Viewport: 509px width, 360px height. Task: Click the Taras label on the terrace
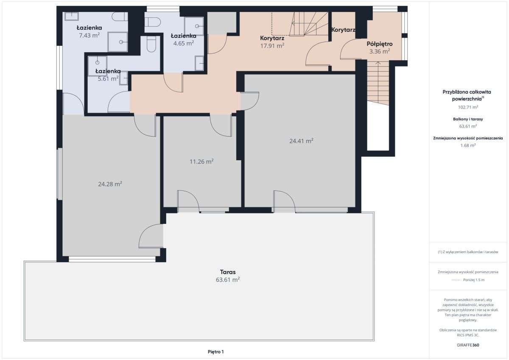228,272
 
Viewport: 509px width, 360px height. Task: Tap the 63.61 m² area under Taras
228,279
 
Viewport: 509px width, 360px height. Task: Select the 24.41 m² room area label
301,141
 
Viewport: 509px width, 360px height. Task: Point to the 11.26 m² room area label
201,162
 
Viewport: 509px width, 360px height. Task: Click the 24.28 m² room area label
110,184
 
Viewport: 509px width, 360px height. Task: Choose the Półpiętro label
380,44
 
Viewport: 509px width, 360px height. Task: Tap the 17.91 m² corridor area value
272,46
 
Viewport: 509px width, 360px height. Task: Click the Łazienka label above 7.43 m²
89,28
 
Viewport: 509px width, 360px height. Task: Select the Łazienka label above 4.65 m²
184,36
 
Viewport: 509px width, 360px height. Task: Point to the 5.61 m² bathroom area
108,78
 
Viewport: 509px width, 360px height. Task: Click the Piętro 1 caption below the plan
215,352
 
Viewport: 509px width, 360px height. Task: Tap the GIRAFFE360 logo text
468,345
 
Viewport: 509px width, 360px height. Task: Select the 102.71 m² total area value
468,107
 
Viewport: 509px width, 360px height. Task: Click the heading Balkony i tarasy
468,119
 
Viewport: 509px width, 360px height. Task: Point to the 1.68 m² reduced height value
468,145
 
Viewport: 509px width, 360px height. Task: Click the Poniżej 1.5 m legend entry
474,280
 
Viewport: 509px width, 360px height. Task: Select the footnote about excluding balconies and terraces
468,252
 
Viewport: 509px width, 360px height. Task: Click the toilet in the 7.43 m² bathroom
120,17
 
